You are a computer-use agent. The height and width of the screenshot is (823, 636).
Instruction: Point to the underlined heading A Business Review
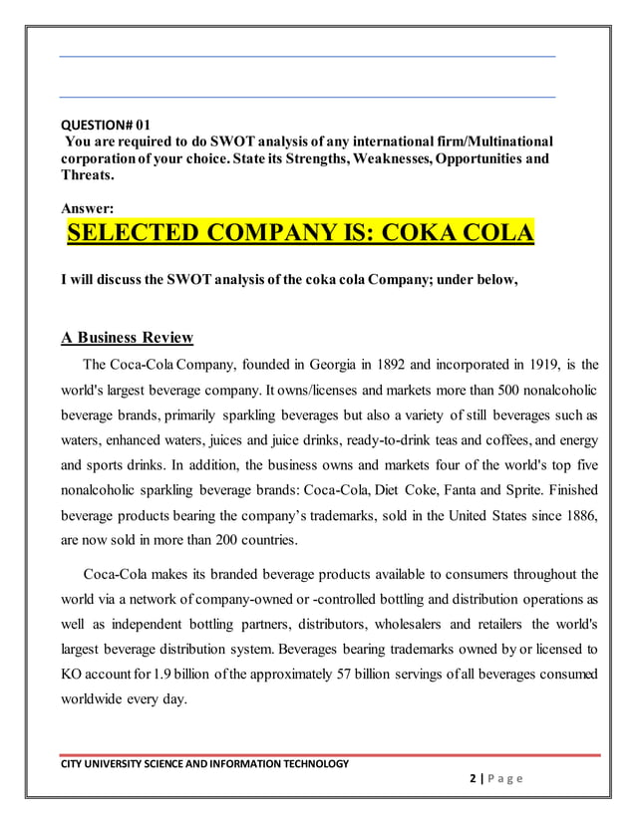(127, 337)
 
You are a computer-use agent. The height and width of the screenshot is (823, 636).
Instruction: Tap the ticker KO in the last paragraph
(74, 677)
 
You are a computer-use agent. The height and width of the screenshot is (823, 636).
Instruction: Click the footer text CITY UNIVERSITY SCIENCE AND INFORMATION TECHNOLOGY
(204, 764)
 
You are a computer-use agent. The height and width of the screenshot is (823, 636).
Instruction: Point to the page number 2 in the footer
(472, 779)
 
